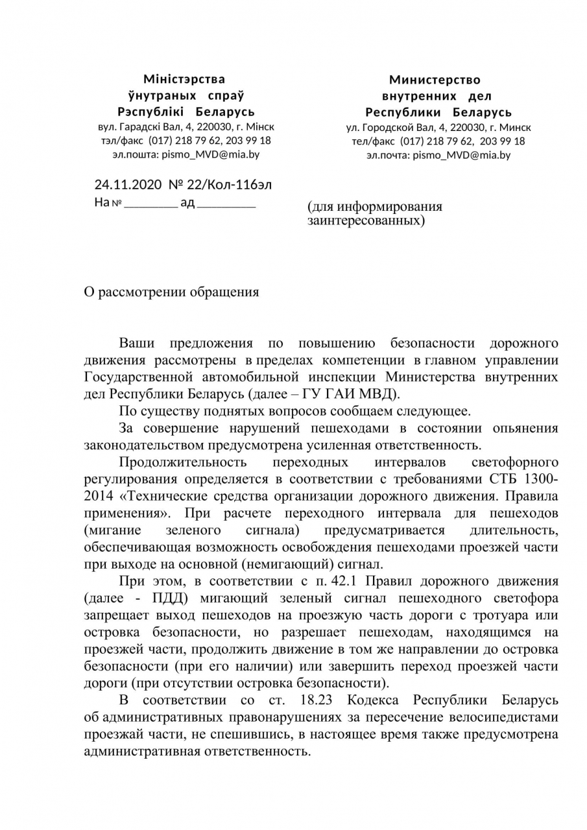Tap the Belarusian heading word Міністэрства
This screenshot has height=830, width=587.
(x=184, y=79)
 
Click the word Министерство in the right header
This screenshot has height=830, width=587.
(x=435, y=80)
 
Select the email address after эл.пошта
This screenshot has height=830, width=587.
(x=210, y=154)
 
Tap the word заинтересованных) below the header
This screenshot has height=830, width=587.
(x=366, y=220)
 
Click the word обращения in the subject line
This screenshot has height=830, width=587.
(x=224, y=292)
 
